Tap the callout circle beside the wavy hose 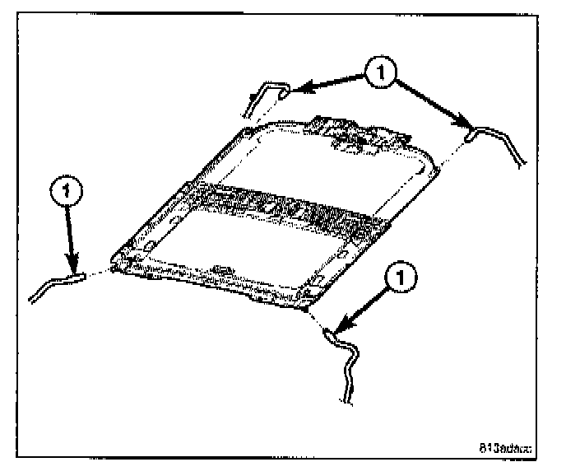(x=399, y=280)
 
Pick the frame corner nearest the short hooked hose (x=249, y=130)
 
